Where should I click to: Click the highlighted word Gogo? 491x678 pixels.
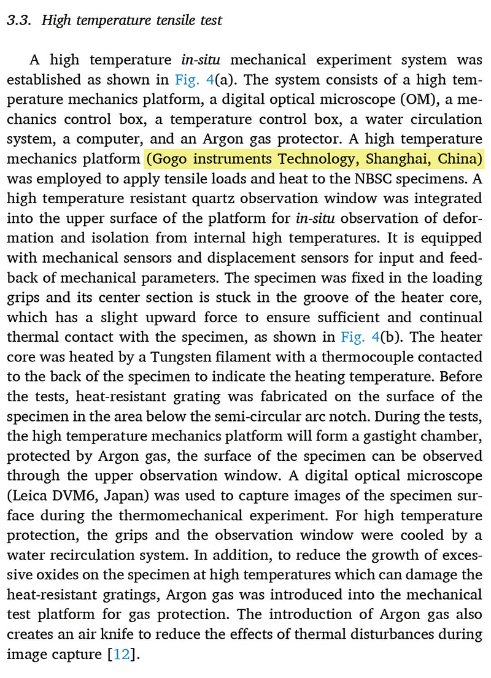(167, 159)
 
